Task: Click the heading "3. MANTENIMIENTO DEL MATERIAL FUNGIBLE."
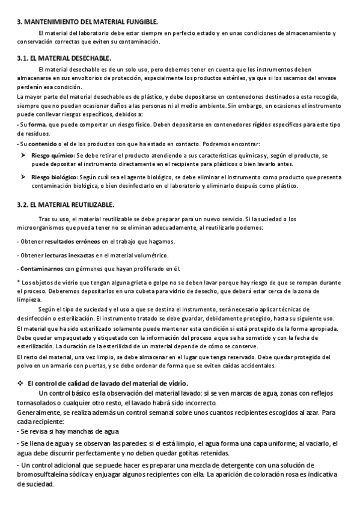(87, 21)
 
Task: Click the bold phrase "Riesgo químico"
(53, 155)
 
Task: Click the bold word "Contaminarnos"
(41, 268)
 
